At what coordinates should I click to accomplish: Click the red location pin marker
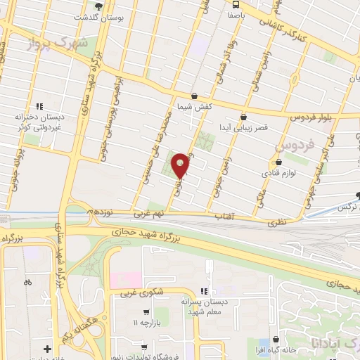[181, 165]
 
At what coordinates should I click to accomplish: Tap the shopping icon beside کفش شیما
[195, 96]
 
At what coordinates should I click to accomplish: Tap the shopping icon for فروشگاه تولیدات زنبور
[143, 347]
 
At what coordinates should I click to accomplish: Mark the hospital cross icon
[47, 349]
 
